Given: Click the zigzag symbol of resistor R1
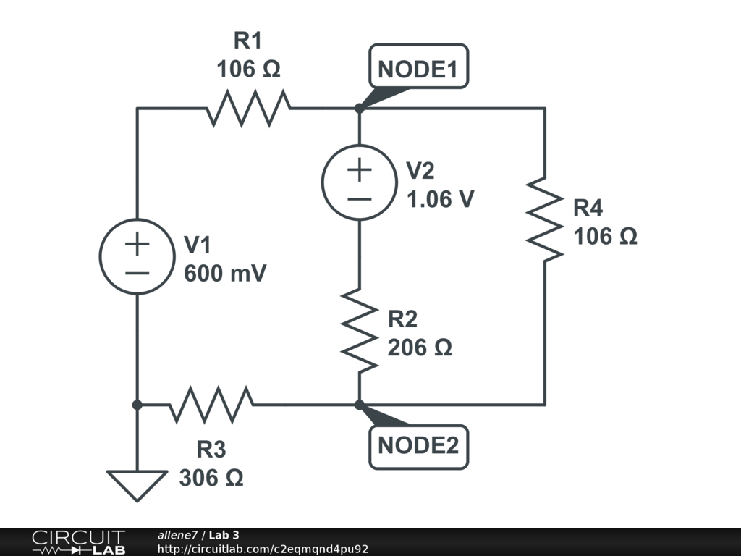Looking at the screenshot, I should pyautogui.click(x=250, y=109).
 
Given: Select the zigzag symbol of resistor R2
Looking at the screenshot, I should pyautogui.click(x=360, y=329).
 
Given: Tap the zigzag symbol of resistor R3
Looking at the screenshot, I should pyautogui.click(x=211, y=405).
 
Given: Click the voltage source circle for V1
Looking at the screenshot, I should pyautogui.click(x=137, y=256).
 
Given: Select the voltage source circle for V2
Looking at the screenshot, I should pyautogui.click(x=360, y=182).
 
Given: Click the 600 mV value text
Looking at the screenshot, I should pyautogui.click(x=225, y=274).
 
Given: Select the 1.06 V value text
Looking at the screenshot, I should pyautogui.click(x=441, y=199).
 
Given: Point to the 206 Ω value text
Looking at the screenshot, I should pyautogui.click(x=420, y=348).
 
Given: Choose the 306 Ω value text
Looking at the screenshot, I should pyautogui.click(x=211, y=479).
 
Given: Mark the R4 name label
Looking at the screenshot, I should pyautogui.click(x=588, y=208).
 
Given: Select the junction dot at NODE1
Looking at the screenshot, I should pyautogui.click(x=360, y=109).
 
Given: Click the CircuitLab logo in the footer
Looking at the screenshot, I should pyautogui.click(x=77, y=542).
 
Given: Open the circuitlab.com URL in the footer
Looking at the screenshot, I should pyautogui.click(x=263, y=549).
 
